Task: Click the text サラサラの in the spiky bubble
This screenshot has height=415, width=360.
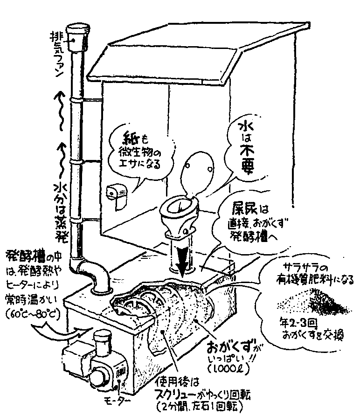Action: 303,269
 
